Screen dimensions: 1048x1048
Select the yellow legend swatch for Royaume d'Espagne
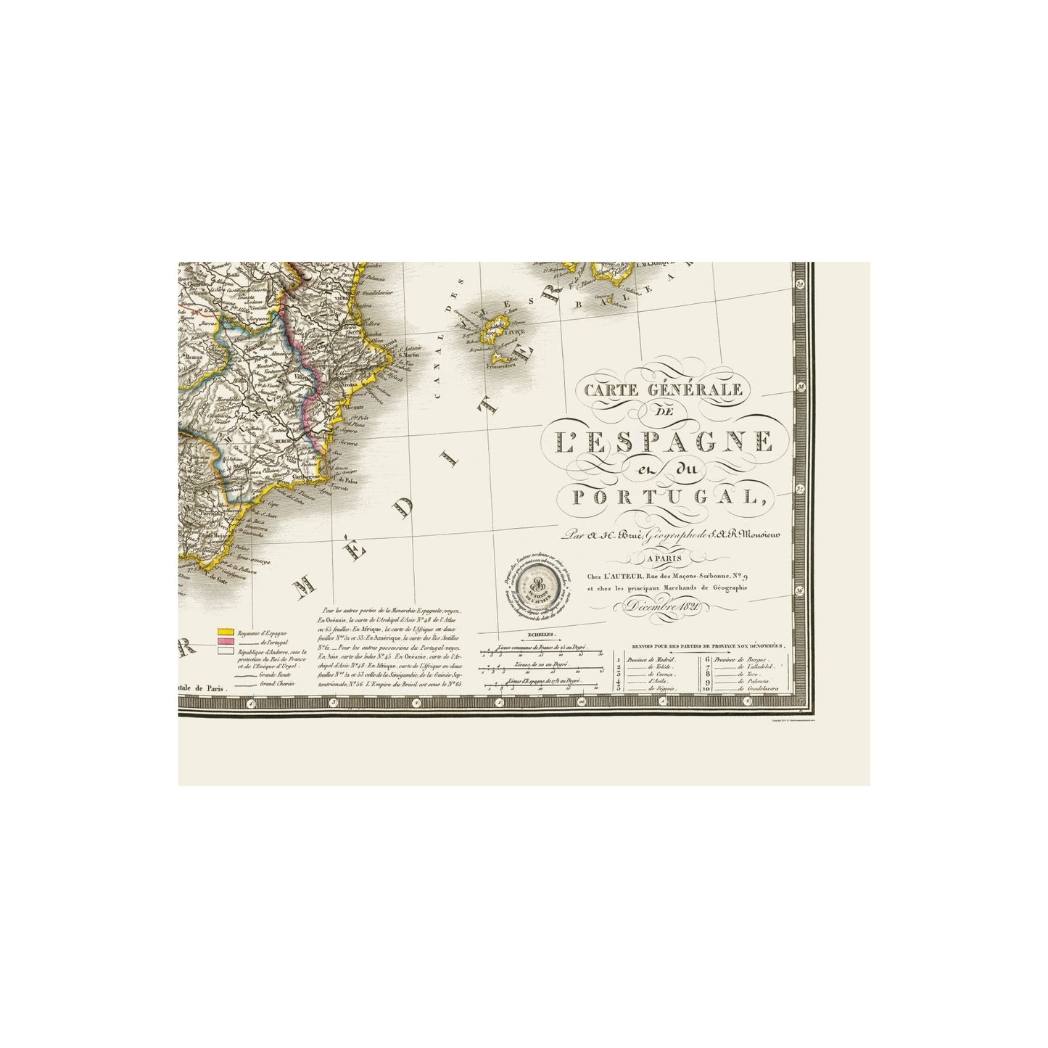[x=225, y=632]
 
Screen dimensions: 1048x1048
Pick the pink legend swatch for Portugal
[x=225, y=642]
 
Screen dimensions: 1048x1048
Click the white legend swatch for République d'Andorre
[x=225, y=652]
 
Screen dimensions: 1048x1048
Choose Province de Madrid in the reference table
[x=653, y=659]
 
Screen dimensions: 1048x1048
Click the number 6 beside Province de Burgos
[x=707, y=659]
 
